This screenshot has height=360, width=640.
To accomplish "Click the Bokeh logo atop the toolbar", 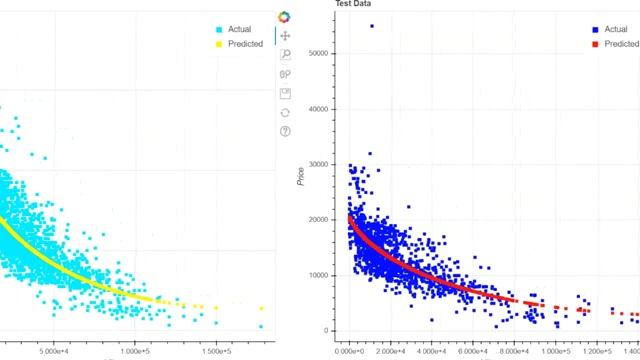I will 285,17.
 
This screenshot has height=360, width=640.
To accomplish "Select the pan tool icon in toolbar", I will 285,36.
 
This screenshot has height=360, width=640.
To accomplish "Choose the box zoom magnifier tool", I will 285,55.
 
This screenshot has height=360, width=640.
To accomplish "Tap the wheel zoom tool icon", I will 285,74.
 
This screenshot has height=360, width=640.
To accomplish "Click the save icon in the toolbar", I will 285,93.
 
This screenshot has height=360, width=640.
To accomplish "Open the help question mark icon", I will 285,131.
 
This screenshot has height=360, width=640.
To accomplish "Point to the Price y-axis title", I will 301,176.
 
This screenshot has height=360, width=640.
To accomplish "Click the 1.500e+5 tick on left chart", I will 217,351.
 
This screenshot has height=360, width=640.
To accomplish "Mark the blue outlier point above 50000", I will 372,26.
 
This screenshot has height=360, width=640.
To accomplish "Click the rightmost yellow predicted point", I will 261,309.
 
